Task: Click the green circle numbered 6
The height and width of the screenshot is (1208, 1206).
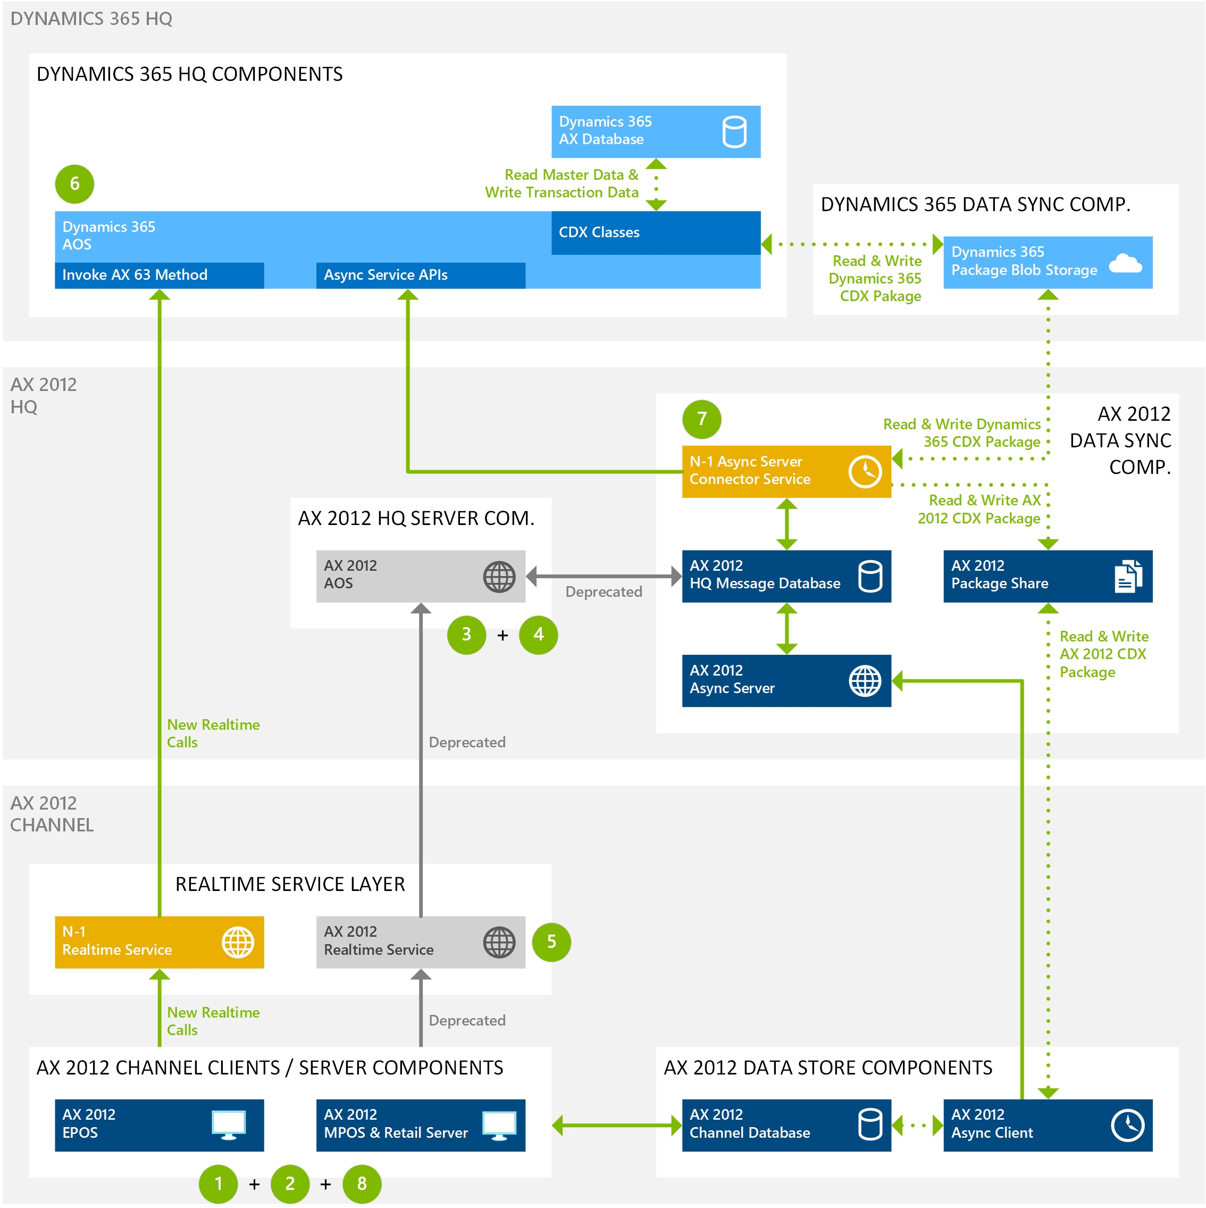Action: pyautogui.click(x=74, y=184)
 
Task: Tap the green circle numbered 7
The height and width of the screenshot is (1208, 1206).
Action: pyautogui.click(x=701, y=419)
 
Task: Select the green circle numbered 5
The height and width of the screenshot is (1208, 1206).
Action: pyautogui.click(x=551, y=942)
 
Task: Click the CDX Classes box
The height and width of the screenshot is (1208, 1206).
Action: pyautogui.click(x=655, y=232)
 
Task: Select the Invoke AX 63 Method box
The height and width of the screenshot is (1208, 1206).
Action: pyautogui.click(x=159, y=275)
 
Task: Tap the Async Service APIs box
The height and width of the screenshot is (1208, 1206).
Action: pyautogui.click(x=420, y=275)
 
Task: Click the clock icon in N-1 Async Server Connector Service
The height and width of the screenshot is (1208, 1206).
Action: pyautogui.click(x=865, y=471)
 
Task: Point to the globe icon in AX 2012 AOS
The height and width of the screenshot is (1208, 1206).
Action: pyautogui.click(x=499, y=577)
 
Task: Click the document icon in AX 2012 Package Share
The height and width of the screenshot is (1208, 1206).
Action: pyautogui.click(x=1128, y=577)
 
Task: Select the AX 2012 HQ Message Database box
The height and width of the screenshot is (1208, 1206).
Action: pyautogui.click(x=786, y=576)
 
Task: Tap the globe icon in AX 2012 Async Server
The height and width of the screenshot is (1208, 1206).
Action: pyautogui.click(x=865, y=681)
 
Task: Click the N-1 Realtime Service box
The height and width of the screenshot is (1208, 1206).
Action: pyautogui.click(x=159, y=942)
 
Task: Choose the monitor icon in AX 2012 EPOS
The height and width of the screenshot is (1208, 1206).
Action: pyautogui.click(x=228, y=1125)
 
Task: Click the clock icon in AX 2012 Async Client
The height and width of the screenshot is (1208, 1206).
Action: pyautogui.click(x=1127, y=1125)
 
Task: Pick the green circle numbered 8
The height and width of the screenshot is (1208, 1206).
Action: pyautogui.click(x=362, y=1183)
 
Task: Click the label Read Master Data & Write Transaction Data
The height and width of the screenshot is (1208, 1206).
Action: pyautogui.click(x=562, y=184)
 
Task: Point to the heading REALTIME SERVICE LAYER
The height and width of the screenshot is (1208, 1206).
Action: pyautogui.click(x=289, y=884)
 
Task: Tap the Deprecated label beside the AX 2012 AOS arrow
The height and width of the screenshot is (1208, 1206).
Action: pyautogui.click(x=604, y=591)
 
